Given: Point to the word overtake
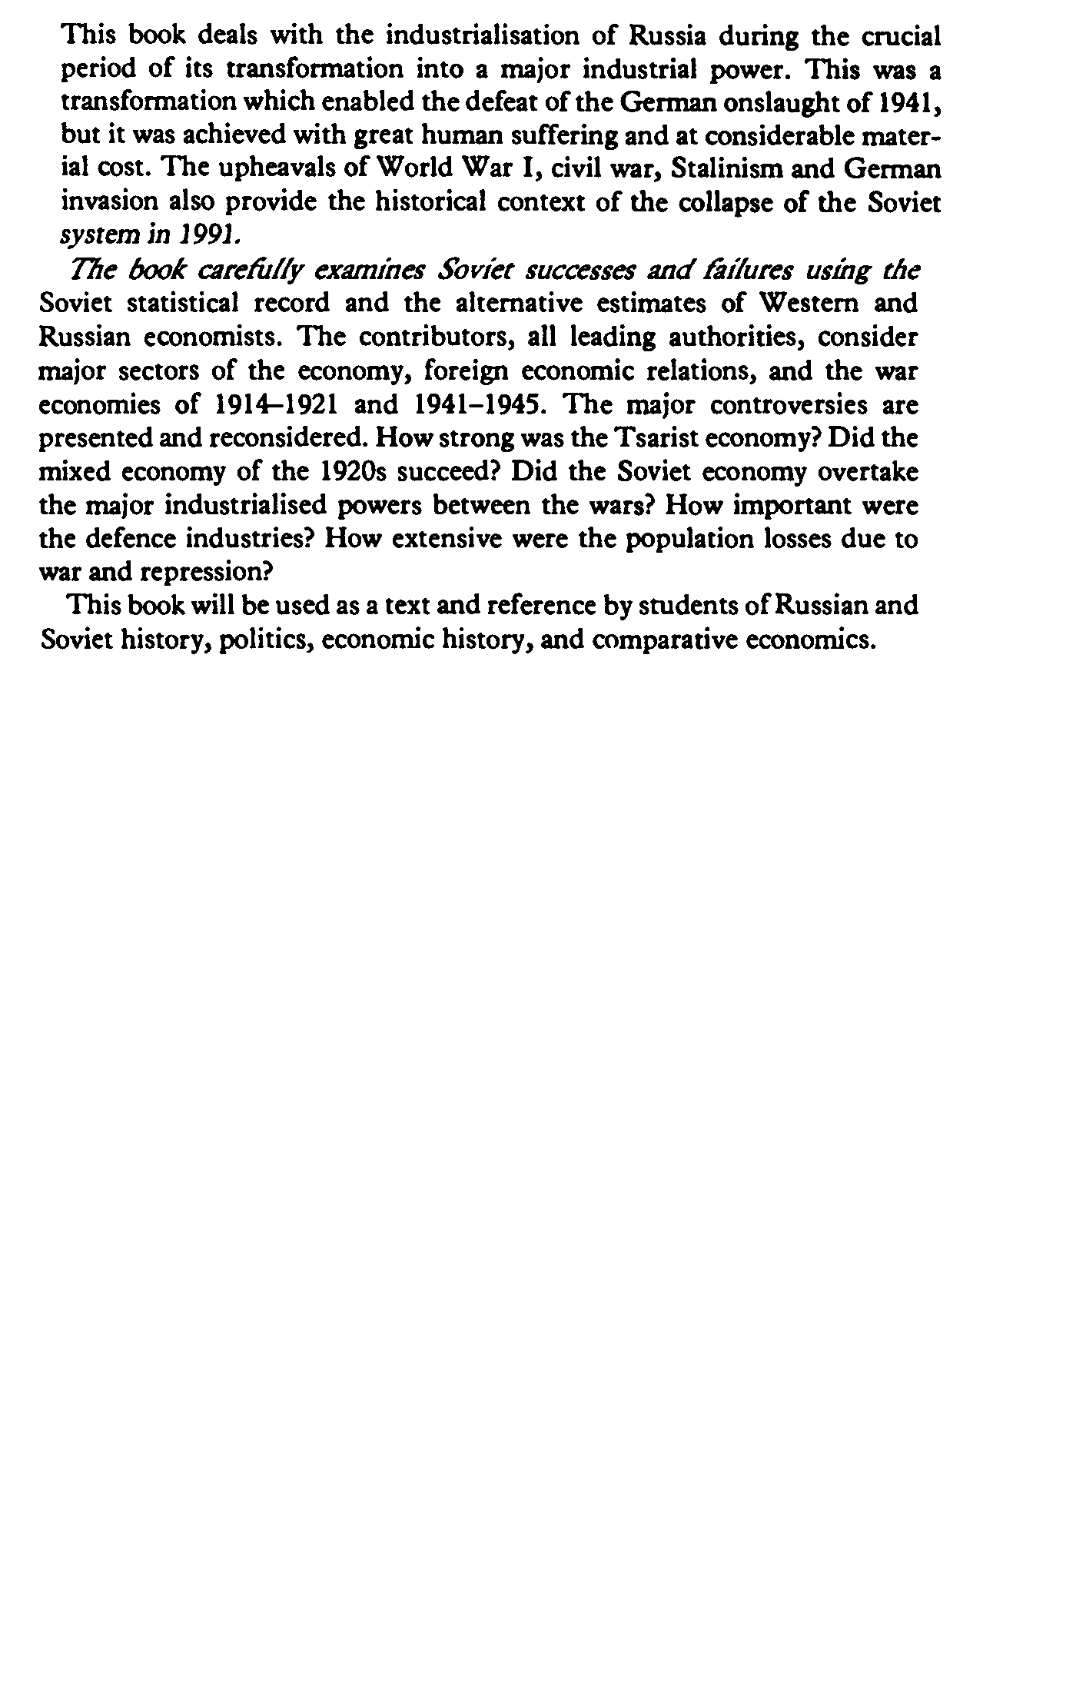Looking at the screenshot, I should click(868, 471).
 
